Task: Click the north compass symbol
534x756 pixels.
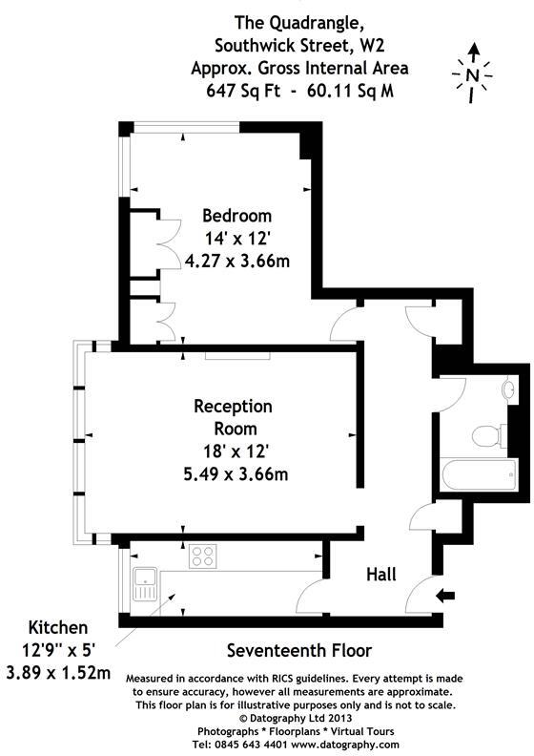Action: [x=473, y=72]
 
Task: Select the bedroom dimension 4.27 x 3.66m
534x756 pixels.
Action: [x=237, y=260]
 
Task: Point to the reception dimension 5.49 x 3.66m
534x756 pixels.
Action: [x=234, y=472]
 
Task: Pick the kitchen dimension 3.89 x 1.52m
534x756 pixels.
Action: [x=58, y=673]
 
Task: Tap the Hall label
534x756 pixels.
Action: [x=381, y=574]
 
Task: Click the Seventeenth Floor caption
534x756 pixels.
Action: [x=298, y=651]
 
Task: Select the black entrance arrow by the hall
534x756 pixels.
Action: [x=445, y=597]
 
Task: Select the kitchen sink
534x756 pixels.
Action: [x=145, y=581]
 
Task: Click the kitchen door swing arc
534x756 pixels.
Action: [x=307, y=598]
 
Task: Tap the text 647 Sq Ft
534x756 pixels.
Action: [x=240, y=91]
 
